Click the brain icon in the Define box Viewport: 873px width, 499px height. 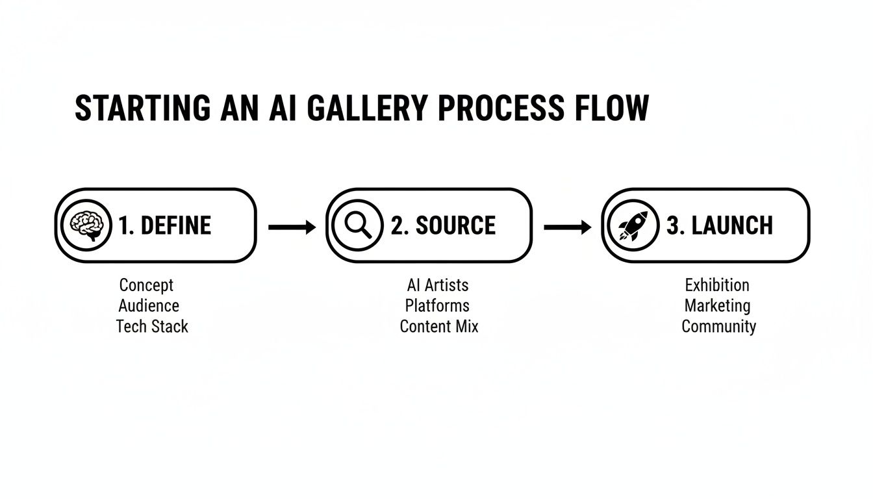point(87,225)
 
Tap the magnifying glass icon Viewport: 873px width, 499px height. point(357,225)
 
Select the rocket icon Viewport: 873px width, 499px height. point(633,225)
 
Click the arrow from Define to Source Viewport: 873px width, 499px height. point(292,227)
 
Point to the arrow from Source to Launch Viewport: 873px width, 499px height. point(567,227)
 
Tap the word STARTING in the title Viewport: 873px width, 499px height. point(142,109)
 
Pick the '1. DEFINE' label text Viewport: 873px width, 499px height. point(165,226)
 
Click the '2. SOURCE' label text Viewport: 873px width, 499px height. point(443,226)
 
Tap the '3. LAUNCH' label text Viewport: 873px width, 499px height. point(720,226)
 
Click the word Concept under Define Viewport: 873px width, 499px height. point(147,285)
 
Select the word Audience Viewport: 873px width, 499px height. point(149,305)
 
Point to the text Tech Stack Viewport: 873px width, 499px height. point(152,326)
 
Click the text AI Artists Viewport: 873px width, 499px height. point(438,285)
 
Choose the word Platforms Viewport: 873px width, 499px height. point(437,305)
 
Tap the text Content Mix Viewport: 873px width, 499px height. point(439,326)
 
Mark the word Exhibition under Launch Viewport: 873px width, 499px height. point(717,285)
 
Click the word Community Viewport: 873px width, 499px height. point(718,326)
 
